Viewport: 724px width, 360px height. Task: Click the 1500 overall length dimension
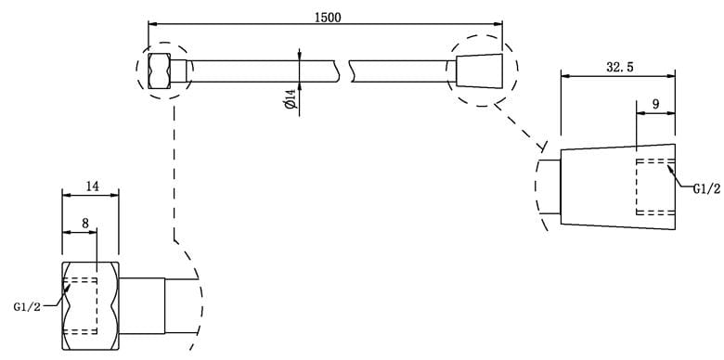[x=328, y=18]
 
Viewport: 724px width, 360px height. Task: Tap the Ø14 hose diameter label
[x=291, y=98]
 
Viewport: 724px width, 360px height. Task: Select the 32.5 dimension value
[x=620, y=67]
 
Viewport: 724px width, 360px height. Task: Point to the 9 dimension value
[x=655, y=104]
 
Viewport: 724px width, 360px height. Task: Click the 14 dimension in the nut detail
[x=92, y=186]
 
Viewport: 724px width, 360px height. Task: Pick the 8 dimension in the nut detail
[x=85, y=224]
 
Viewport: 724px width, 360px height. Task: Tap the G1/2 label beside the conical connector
[x=707, y=188]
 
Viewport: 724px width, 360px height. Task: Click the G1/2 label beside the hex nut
[x=27, y=307]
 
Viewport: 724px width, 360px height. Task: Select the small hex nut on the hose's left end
[x=160, y=71]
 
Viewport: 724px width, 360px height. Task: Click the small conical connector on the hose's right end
[x=479, y=71]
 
